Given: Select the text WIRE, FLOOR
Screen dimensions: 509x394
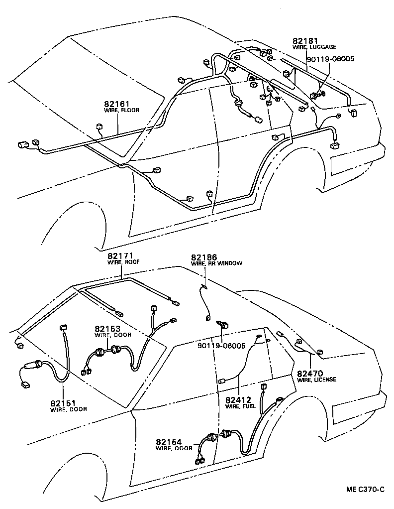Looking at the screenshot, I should pyautogui.click(x=121, y=110).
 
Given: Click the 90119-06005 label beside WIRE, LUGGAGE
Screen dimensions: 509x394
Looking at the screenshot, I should pyautogui.click(x=330, y=58).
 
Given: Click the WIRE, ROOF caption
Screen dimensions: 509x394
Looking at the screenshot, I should pyautogui.click(x=123, y=262).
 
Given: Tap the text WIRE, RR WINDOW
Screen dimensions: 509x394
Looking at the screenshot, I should pyautogui.click(x=217, y=263).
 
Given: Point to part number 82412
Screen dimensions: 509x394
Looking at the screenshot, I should pyautogui.click(x=240, y=399).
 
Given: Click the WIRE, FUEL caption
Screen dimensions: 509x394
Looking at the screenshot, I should pyautogui.click(x=240, y=406).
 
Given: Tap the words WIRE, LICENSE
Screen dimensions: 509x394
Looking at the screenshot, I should pyautogui.click(x=316, y=380).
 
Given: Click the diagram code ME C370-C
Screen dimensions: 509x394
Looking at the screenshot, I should pyautogui.click(x=366, y=489).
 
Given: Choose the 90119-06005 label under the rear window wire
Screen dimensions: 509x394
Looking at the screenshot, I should pyautogui.click(x=221, y=346).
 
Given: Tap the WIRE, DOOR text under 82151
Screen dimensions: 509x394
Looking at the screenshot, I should pyautogui.click(x=69, y=409).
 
